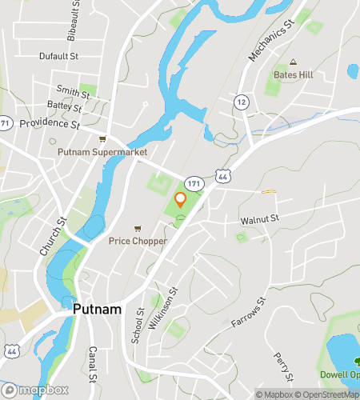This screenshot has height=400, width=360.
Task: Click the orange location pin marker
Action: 181,200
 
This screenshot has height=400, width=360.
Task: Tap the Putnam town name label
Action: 98,308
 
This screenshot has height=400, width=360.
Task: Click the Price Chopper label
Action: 138,240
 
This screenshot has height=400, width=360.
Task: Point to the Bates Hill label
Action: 293,74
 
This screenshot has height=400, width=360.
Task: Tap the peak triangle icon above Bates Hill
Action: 293,62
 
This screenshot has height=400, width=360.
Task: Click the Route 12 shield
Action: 240,102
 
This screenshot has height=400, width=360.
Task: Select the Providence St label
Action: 50,124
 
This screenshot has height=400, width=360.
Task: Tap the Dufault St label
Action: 59,57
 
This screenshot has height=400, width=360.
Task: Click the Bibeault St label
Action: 77,20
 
